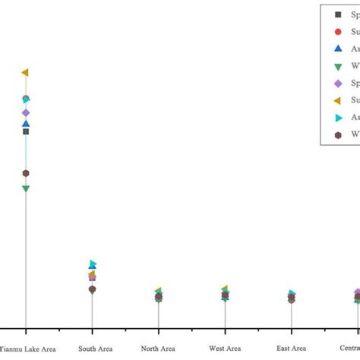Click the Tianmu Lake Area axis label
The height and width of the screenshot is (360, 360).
tap(27, 349)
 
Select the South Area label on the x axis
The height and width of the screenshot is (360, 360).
tap(92, 349)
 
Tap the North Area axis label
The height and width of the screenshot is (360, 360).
tap(158, 349)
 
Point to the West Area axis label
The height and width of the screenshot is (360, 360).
tap(225, 349)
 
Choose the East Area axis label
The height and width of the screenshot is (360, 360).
tap(291, 349)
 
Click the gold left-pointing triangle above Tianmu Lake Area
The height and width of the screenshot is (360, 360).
tap(25, 72)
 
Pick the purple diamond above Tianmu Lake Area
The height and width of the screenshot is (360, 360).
tap(26, 113)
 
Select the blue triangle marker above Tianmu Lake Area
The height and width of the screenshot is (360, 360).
tap(26, 124)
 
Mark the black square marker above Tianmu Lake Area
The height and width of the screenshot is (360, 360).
tap(26, 131)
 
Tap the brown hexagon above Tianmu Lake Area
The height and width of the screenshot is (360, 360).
tap(26, 173)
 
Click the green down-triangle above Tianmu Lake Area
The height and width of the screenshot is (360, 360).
tap(26, 188)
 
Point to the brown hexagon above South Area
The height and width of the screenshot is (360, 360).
tap(92, 289)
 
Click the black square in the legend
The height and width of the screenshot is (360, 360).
tap(338, 14)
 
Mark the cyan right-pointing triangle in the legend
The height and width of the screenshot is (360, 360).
tap(339, 118)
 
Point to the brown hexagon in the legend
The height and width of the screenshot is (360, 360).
tap(338, 134)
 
